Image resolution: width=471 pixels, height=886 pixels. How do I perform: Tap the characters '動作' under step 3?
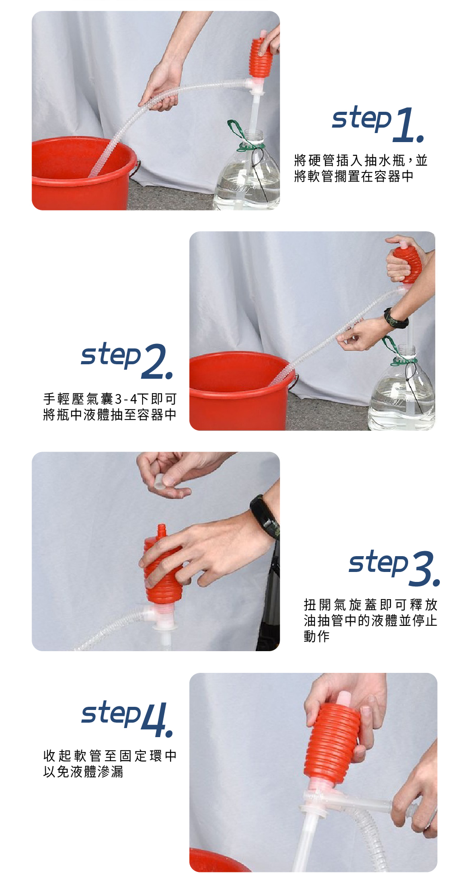(317, 636)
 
